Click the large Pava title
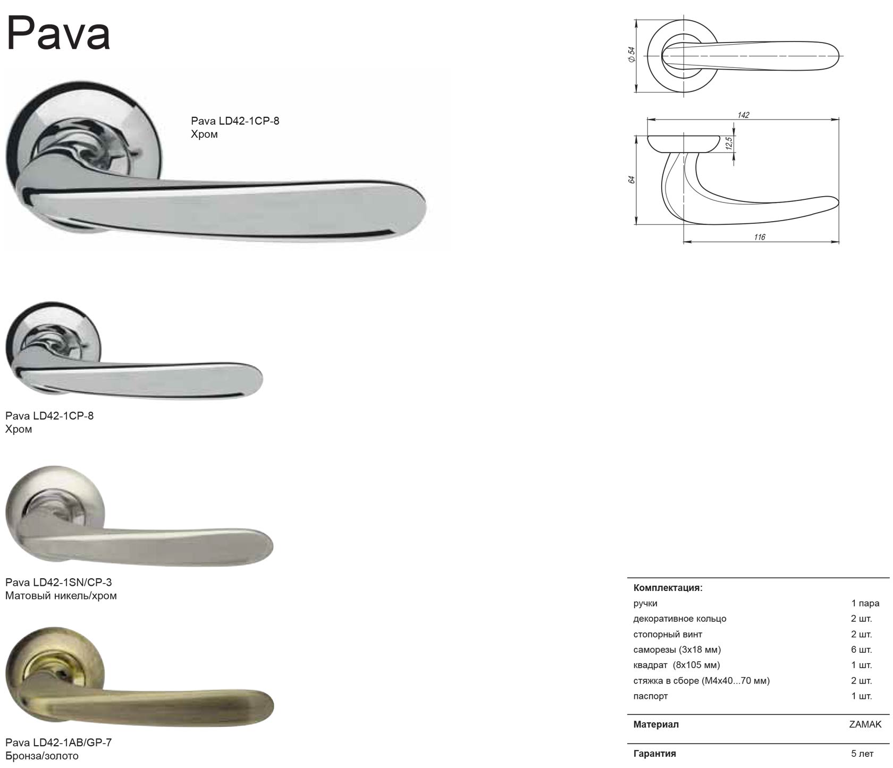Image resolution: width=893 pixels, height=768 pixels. [x=58, y=34]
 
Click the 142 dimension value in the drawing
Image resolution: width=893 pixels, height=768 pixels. [x=743, y=115]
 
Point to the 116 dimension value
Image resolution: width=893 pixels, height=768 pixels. [x=759, y=237]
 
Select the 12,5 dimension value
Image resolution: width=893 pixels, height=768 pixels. [x=729, y=144]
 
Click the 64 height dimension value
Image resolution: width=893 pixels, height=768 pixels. [x=631, y=180]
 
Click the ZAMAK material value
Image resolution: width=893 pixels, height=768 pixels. [x=865, y=724]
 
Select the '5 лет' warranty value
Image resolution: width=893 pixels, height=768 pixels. [x=862, y=754]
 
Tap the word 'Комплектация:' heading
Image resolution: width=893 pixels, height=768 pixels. [x=668, y=588]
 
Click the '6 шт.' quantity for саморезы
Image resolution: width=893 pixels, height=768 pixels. [x=861, y=649]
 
